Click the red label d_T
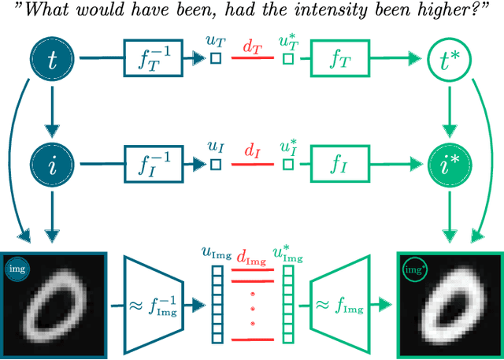point(251,46)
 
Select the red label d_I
point(251,150)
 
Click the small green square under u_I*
point(288,164)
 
